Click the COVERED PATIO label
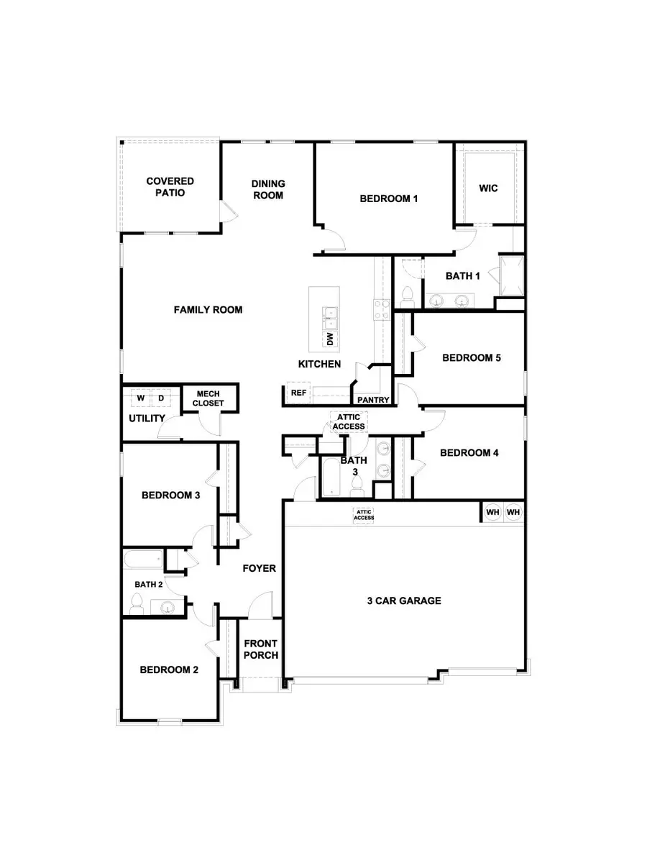[170, 188]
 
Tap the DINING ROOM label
[268, 189]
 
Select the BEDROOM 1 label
[388, 198]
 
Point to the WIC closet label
[488, 188]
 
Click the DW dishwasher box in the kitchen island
[330, 337]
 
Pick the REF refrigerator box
[298, 393]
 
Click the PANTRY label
[373, 400]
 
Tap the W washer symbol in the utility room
[141, 398]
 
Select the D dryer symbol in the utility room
[161, 398]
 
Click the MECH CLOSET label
[208, 398]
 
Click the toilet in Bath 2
[137, 603]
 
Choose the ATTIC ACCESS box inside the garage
[364, 514]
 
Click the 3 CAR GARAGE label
[403, 601]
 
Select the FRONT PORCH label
[261, 649]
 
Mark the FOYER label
[259, 568]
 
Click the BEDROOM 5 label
[471, 357]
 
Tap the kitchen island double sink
[330, 314]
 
